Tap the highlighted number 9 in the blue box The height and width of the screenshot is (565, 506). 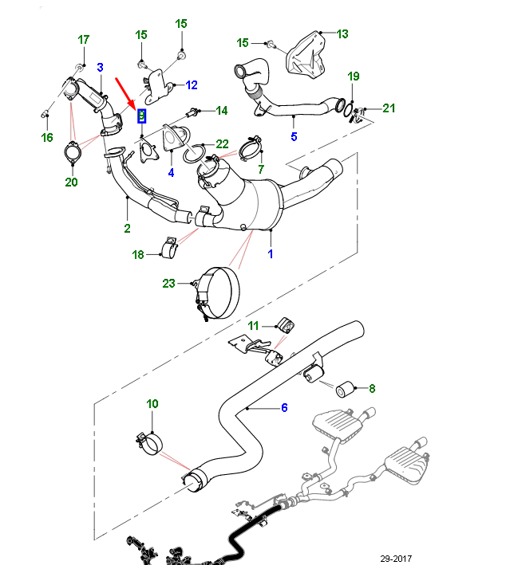(x=142, y=116)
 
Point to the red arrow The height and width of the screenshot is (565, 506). (x=125, y=92)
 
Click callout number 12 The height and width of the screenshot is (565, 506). (x=192, y=84)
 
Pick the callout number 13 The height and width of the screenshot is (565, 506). (x=342, y=33)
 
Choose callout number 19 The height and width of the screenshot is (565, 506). (x=354, y=77)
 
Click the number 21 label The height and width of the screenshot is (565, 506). (x=389, y=108)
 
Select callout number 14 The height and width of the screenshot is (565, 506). (x=222, y=110)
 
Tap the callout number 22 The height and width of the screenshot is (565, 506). (x=222, y=144)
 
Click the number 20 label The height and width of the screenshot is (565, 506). (x=71, y=182)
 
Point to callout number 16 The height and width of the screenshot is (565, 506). (x=47, y=138)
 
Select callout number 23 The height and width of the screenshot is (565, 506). (x=168, y=283)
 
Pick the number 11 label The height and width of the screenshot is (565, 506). (x=253, y=325)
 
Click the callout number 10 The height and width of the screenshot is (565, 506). (x=152, y=404)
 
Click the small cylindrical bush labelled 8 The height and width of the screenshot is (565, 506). (x=346, y=389)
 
